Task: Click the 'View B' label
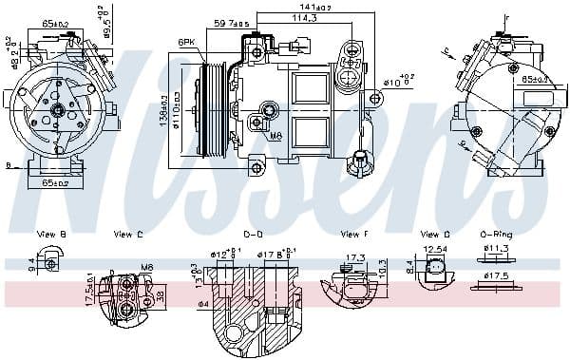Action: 50,234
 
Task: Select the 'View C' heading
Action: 128,234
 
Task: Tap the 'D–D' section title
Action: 254,234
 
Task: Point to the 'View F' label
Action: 354,234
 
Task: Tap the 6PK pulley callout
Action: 187,43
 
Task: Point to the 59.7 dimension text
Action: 230,23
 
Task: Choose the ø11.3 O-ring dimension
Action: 497,250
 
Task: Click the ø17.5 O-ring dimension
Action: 496,277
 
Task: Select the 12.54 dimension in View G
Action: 434,251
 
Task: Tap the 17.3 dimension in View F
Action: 355,257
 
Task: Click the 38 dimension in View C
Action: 160,294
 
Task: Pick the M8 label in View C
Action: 146,268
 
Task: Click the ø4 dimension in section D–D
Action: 202,304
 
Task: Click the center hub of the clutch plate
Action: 57,111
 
